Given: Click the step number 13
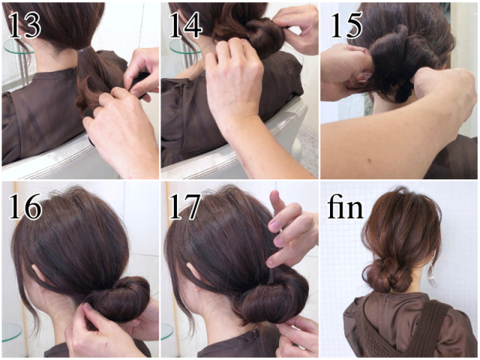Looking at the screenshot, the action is click(x=25, y=25).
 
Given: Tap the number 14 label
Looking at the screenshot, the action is click(x=186, y=25).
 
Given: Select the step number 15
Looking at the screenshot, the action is click(x=346, y=25).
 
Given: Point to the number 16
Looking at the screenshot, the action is click(x=25, y=206).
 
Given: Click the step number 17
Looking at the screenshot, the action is click(x=185, y=206).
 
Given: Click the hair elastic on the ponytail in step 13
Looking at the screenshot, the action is click(x=83, y=50).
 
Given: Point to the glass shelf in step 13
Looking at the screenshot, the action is click(x=14, y=46).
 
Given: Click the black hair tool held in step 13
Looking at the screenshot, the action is click(x=138, y=83).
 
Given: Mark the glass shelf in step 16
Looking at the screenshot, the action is click(x=11, y=332).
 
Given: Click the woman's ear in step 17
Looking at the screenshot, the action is click(x=196, y=273).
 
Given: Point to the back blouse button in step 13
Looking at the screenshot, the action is click(x=74, y=72).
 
